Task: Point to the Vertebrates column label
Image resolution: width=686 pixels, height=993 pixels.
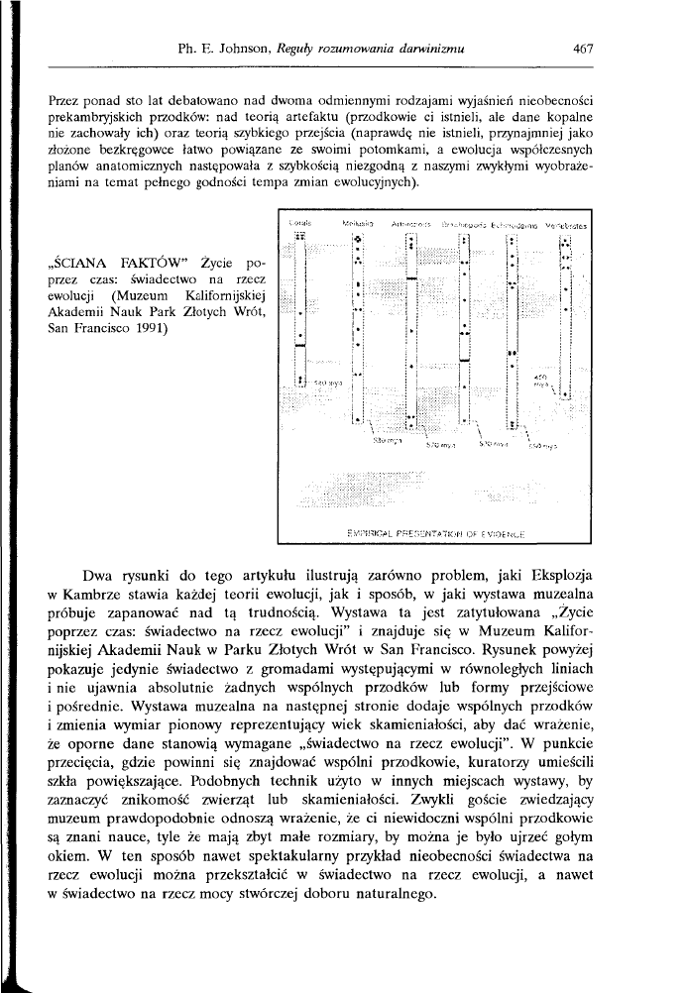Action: pyautogui.click(x=567, y=226)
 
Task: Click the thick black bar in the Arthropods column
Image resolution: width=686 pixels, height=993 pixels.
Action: pyautogui.click(x=409, y=280)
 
